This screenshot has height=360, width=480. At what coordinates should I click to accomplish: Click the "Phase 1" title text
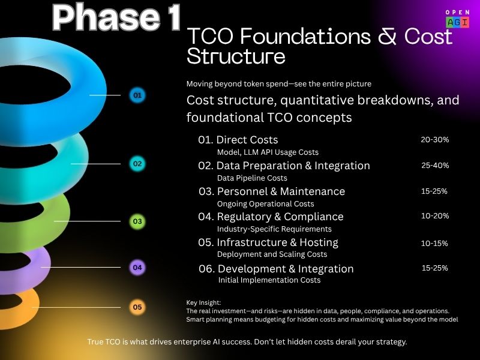(116, 19)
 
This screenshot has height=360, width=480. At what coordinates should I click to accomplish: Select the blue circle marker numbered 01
(137, 95)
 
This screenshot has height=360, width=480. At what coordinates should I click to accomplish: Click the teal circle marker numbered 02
(137, 163)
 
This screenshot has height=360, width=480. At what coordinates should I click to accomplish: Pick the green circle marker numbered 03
(137, 221)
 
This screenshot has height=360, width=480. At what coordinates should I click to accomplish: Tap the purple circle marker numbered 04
(137, 268)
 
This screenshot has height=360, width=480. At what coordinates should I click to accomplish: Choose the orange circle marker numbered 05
(137, 308)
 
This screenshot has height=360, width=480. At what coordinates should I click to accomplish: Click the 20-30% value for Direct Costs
(434, 140)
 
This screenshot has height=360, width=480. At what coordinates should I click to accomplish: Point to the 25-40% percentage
(434, 166)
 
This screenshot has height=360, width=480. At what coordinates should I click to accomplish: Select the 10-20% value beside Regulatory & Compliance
(434, 216)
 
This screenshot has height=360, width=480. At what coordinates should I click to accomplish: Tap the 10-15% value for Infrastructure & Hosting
(434, 243)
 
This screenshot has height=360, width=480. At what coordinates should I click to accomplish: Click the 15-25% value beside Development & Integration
(434, 268)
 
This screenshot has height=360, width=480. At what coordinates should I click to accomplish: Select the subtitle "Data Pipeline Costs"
(252, 178)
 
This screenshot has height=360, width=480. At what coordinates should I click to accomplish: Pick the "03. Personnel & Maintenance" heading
(272, 191)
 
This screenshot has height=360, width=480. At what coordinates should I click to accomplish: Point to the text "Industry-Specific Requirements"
(274, 229)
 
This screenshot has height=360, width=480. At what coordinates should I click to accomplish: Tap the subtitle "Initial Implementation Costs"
(269, 280)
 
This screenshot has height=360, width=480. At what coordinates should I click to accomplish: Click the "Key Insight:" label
(204, 303)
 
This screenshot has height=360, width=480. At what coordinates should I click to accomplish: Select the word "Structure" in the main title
(236, 57)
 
